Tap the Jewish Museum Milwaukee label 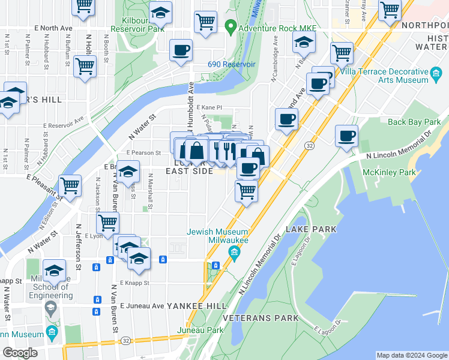tap(217, 236)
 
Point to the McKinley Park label tap(390, 172)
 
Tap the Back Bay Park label tap(414, 122)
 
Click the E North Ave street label tap(53, 28)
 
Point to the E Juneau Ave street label tap(142, 305)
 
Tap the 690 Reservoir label tap(232, 64)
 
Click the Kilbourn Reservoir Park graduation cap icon tap(160, 13)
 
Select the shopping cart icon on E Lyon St tap(107, 223)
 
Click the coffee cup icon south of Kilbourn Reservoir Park tap(181, 50)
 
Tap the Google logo tap(20, 353)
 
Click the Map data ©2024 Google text tap(411, 355)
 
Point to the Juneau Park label tap(200, 330)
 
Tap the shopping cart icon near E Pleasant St tap(70, 185)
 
